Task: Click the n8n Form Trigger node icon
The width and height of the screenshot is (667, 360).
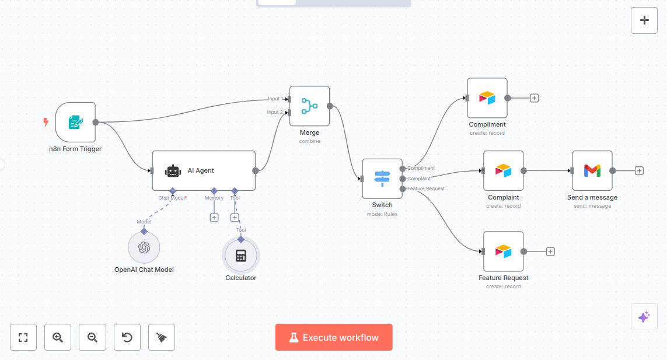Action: (75, 123)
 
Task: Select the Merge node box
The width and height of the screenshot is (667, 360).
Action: (309, 106)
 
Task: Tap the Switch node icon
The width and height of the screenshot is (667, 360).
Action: (382, 178)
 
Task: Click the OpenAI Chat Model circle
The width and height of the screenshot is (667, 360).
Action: (144, 247)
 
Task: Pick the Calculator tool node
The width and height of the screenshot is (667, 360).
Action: (240, 256)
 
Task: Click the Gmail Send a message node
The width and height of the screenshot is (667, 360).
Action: (592, 170)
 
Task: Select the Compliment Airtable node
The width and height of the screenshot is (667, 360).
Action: (487, 98)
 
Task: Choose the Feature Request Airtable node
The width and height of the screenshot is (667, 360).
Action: (503, 251)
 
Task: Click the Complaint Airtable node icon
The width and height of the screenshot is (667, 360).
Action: (503, 170)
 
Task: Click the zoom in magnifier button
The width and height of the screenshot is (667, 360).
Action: (58, 337)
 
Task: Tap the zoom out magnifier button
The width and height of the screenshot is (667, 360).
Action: (92, 337)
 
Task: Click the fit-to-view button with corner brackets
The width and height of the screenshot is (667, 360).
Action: (23, 337)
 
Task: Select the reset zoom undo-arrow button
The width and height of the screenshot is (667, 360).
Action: (127, 337)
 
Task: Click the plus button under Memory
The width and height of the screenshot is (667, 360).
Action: (214, 218)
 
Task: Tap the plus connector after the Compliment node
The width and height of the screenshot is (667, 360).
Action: (534, 98)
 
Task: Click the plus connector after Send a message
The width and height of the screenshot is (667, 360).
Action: (639, 171)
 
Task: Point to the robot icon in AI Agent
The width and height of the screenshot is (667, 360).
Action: (173, 171)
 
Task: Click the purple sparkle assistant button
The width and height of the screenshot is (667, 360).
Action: (644, 317)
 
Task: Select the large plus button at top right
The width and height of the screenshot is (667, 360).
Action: (644, 20)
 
